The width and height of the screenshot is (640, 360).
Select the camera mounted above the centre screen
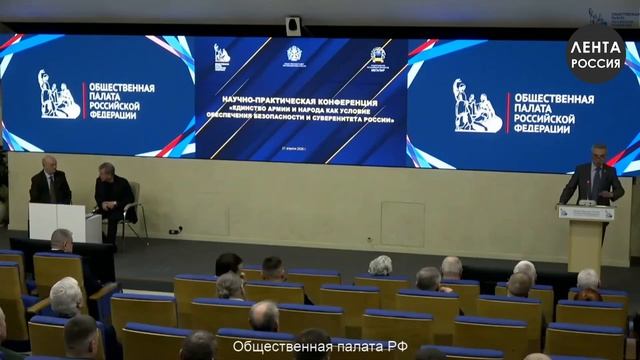coord(293,26)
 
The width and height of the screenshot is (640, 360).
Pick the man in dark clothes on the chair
coord(113,193)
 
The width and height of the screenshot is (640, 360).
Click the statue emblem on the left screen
coord(59,95)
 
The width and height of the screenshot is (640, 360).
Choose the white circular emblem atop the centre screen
coord(294,54)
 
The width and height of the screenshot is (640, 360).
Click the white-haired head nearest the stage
coord(380,264)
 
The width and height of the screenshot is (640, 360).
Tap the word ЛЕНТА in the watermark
coord(596,45)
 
